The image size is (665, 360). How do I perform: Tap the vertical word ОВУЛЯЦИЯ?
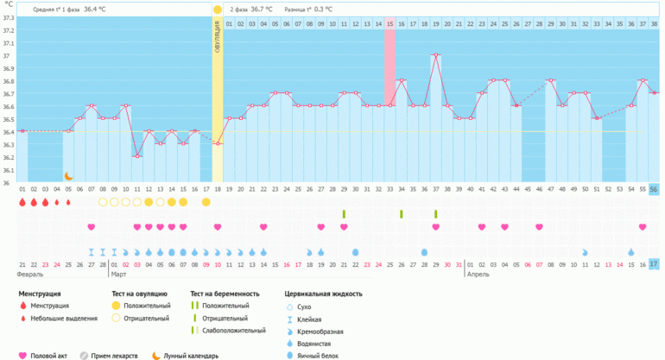[218, 39]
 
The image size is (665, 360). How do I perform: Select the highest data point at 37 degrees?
[436, 55]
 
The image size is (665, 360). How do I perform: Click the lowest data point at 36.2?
[136, 156]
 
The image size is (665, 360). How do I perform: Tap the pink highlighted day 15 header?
[390, 23]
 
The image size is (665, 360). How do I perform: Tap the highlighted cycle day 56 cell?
[654, 189]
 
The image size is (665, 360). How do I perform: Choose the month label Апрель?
[479, 275]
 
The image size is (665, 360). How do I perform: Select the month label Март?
[120, 275]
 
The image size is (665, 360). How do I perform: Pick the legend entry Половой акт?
[51, 355]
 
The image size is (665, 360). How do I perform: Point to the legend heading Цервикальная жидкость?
[323, 294]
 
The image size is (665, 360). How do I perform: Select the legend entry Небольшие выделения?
[61, 318]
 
